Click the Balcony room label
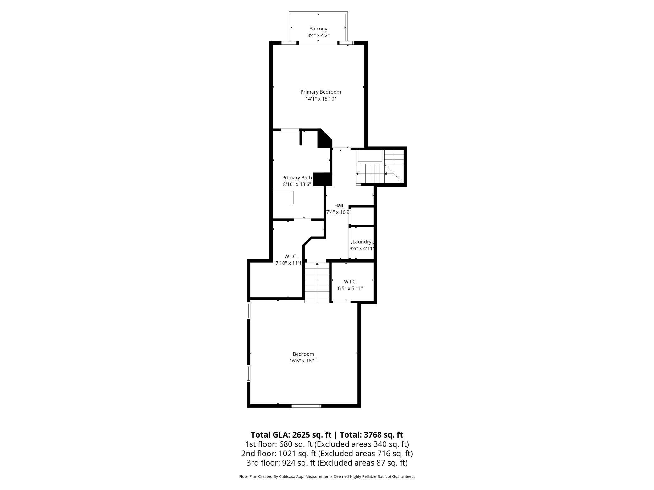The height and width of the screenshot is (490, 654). (x=318, y=29)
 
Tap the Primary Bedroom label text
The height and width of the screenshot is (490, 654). (x=320, y=92)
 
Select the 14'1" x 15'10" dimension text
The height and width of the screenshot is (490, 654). (x=320, y=99)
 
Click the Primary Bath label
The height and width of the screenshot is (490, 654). (x=297, y=178)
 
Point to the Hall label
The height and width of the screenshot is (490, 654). (x=339, y=205)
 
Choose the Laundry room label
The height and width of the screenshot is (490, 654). (x=362, y=242)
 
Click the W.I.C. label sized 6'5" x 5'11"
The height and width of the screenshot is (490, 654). (x=350, y=282)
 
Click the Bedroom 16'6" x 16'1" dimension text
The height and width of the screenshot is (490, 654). (x=303, y=361)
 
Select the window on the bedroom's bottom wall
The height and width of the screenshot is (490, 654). (x=306, y=406)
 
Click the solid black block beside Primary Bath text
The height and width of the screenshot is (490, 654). (x=323, y=179)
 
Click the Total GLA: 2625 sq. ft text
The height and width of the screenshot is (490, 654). (x=291, y=435)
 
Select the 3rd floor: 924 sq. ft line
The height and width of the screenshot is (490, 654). (x=327, y=463)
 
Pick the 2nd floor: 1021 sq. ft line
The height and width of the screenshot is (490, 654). (x=327, y=454)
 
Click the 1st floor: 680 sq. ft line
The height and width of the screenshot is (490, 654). (x=327, y=444)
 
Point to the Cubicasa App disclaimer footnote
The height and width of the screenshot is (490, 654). (x=327, y=476)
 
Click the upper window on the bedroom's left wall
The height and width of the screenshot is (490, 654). (x=248, y=311)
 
